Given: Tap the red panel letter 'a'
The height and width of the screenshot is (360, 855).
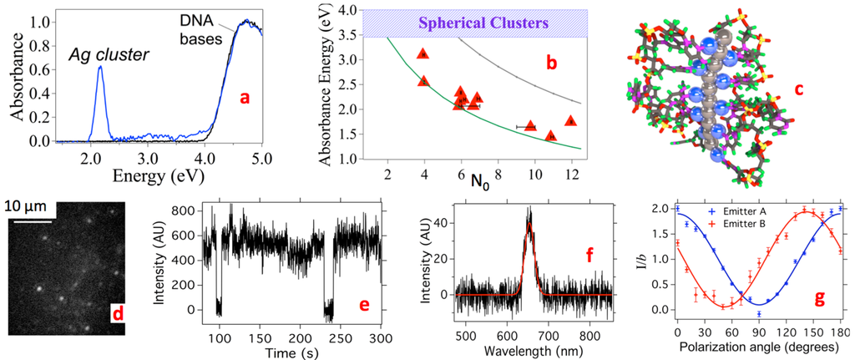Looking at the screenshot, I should click(245, 98).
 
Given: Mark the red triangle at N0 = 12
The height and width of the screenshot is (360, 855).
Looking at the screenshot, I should click(571, 121).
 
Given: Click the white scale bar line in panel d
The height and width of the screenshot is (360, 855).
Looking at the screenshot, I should click(32, 221).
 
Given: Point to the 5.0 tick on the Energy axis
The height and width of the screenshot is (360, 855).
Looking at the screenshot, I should click(261, 157).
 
